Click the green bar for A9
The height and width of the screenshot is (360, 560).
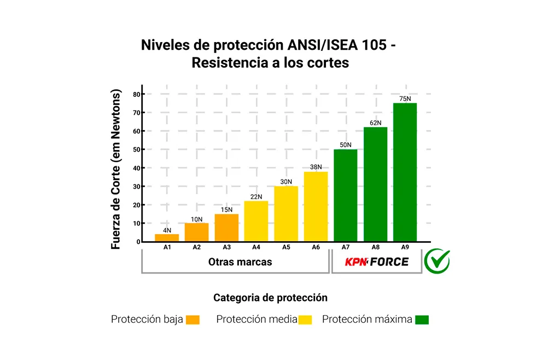(x=405, y=172)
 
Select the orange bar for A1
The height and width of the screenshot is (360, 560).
(x=167, y=238)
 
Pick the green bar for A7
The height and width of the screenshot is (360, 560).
(x=345, y=195)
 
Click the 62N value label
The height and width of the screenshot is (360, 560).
(x=375, y=123)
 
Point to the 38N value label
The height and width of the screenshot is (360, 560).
(x=316, y=167)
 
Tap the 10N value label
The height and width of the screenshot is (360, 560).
(x=196, y=219)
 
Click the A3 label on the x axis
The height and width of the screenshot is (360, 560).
(x=226, y=247)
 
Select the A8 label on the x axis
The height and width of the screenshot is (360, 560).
(x=375, y=247)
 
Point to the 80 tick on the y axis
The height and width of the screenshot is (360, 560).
(x=136, y=94)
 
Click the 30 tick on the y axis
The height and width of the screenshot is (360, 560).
(x=136, y=187)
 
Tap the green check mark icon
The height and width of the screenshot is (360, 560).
(x=437, y=261)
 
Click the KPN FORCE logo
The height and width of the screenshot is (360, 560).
(x=376, y=262)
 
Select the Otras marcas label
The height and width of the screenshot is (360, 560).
(x=240, y=262)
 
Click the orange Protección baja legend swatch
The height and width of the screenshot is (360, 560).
(x=192, y=320)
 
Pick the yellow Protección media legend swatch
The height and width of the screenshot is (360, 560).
(x=305, y=320)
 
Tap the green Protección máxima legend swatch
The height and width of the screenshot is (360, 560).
(x=422, y=320)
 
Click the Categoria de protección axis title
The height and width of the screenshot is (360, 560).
(x=270, y=298)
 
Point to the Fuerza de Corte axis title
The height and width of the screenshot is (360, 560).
(x=115, y=170)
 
